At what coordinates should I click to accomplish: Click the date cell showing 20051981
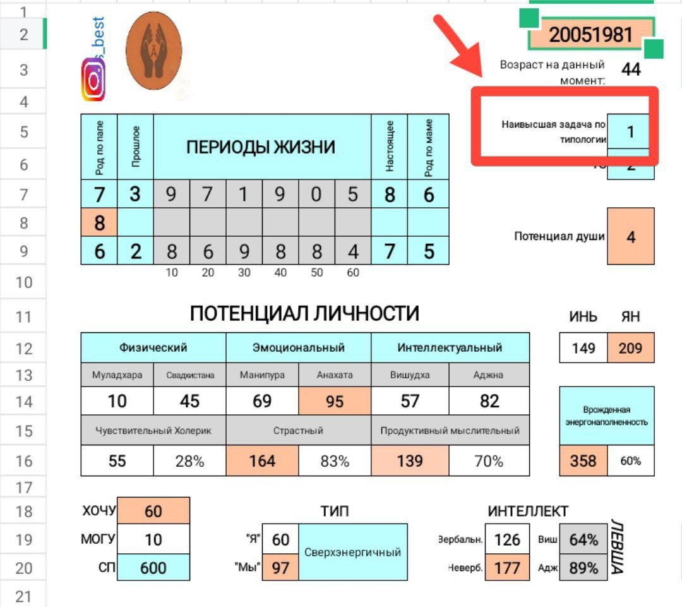click(590, 35)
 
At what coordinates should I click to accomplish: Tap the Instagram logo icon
click(93, 80)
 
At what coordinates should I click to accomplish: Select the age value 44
click(631, 69)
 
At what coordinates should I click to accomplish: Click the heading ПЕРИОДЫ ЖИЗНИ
click(261, 148)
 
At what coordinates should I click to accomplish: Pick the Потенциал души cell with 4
click(630, 237)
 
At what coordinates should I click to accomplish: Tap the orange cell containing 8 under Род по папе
click(99, 223)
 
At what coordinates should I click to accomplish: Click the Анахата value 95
click(335, 401)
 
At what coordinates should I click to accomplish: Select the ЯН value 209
click(630, 348)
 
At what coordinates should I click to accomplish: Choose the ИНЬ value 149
click(583, 348)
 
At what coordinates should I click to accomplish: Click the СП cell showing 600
click(153, 567)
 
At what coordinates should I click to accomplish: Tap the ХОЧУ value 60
click(153, 511)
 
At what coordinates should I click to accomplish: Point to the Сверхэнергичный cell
click(353, 552)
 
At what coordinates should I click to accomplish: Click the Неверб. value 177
click(507, 567)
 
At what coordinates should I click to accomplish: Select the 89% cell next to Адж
click(583, 567)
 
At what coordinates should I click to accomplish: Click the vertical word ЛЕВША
click(617, 547)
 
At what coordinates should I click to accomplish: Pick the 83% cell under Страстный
click(335, 461)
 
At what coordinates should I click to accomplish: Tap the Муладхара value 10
click(117, 401)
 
